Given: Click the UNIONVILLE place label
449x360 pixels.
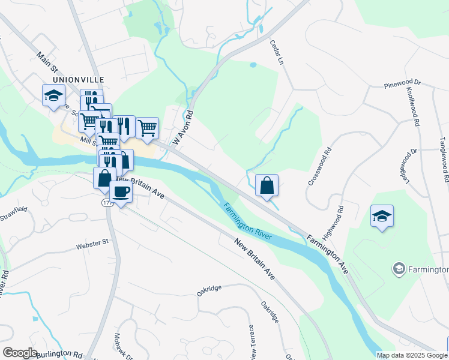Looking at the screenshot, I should click(78, 79).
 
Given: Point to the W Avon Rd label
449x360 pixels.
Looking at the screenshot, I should click(184, 128).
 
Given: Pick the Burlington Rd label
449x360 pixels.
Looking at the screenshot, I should click(59, 354).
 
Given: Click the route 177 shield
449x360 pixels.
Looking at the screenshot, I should click(107, 203).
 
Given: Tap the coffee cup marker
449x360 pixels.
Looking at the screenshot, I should click(121, 193).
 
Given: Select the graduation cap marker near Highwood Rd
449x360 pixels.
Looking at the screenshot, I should click(382, 215).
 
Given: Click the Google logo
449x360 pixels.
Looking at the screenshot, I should click(20, 353).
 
